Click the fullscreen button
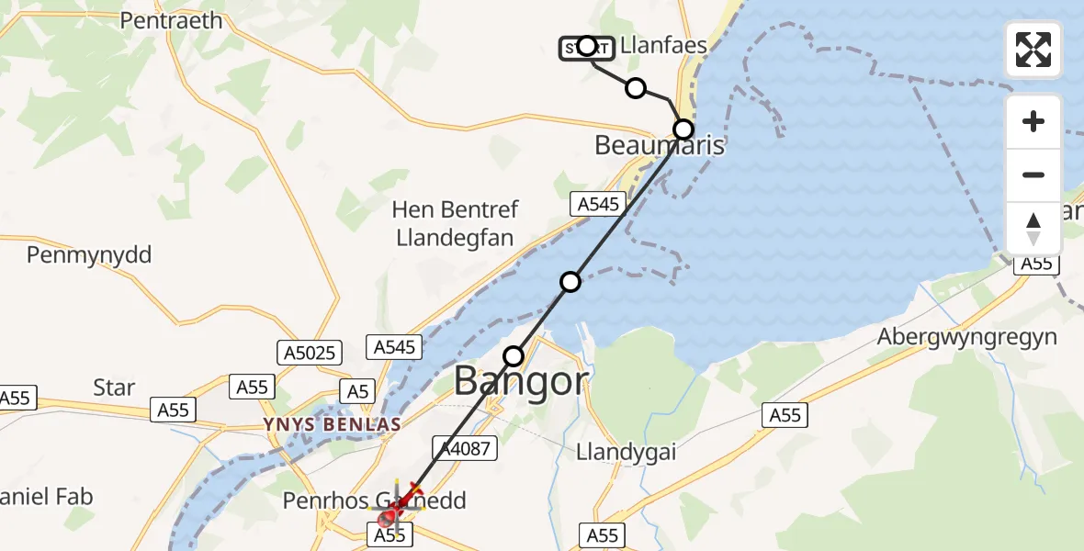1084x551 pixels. [x=1033, y=50]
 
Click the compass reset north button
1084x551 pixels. [x=1033, y=229]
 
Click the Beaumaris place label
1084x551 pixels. [x=660, y=145]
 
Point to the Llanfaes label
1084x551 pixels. [x=663, y=45]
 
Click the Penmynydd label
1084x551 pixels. [x=89, y=254]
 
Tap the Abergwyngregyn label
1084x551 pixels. [x=966, y=337]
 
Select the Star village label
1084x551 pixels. [x=114, y=388]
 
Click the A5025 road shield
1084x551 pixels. [x=310, y=352]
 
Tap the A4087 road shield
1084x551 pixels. [x=466, y=447]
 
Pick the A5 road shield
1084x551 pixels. [x=358, y=391]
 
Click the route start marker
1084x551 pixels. [x=587, y=46]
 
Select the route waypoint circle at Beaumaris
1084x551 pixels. [x=683, y=129]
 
